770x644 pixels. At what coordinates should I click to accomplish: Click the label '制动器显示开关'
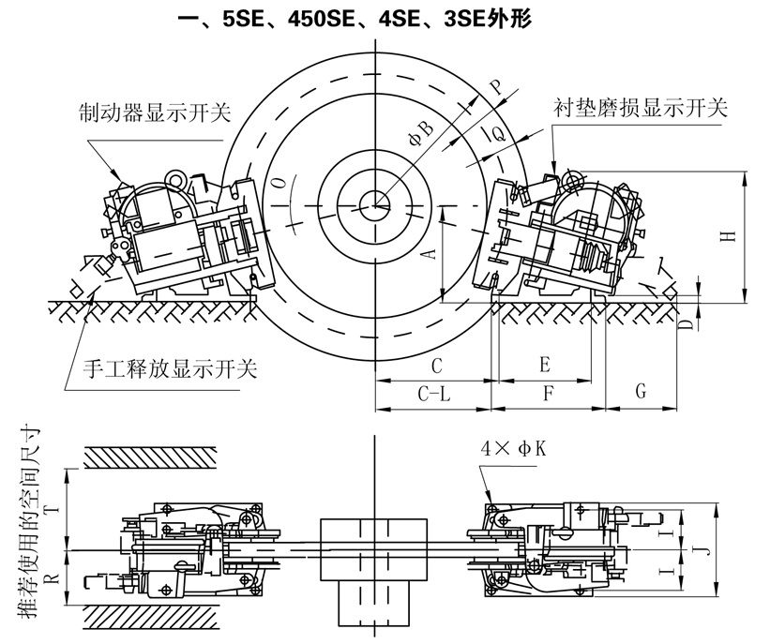155,114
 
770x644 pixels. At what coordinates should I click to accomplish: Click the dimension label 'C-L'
431,396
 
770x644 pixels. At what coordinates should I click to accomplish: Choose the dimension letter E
545,364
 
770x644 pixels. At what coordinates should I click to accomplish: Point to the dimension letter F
548,396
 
